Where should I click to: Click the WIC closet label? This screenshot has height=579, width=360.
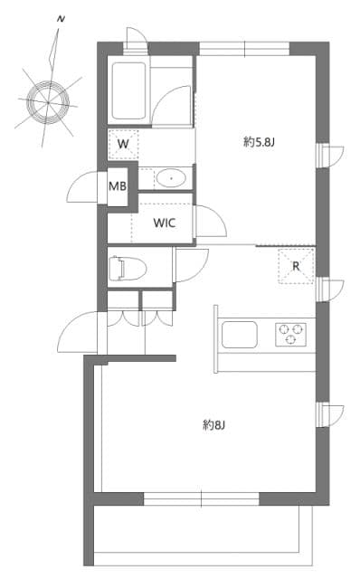click(x=164, y=223)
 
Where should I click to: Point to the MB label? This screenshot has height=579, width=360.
click(x=118, y=186)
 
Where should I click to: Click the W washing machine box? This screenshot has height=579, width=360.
click(x=123, y=143)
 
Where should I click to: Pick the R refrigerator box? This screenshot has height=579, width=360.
click(x=296, y=266)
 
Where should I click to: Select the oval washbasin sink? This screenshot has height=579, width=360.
click(x=168, y=177)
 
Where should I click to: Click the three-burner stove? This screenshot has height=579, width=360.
click(x=290, y=334)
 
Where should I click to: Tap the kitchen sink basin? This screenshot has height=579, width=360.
click(x=241, y=334)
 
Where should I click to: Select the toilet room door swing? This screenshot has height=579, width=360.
click(x=191, y=265)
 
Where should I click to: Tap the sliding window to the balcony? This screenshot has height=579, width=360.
click(x=201, y=498)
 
